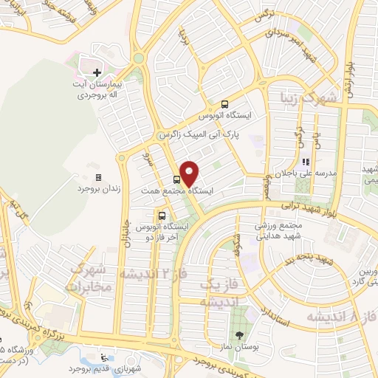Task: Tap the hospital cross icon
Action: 97,72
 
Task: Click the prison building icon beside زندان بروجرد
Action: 97,178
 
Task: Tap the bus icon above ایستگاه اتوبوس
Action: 224,105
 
